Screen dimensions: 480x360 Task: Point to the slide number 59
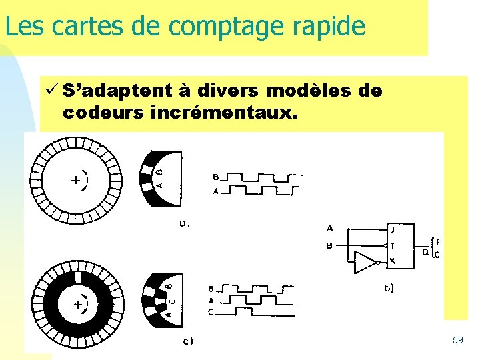pyautogui.click(x=457, y=341)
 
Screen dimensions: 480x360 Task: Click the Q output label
pyautogui.click(x=425, y=251)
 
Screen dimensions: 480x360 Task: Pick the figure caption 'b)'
pyautogui.click(x=388, y=288)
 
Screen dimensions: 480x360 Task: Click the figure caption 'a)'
pyautogui.click(x=185, y=223)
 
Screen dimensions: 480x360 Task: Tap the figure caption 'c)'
pyautogui.click(x=188, y=342)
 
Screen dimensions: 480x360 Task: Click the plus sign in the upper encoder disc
pyautogui.click(x=77, y=180)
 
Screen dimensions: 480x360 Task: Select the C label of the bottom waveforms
pyautogui.click(x=211, y=311)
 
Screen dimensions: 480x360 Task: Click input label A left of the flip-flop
pyautogui.click(x=329, y=228)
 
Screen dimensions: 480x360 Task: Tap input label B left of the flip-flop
pyautogui.click(x=329, y=246)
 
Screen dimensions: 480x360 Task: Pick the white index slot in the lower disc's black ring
pyautogui.click(x=78, y=277)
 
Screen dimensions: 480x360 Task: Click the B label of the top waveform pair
pyautogui.click(x=215, y=177)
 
